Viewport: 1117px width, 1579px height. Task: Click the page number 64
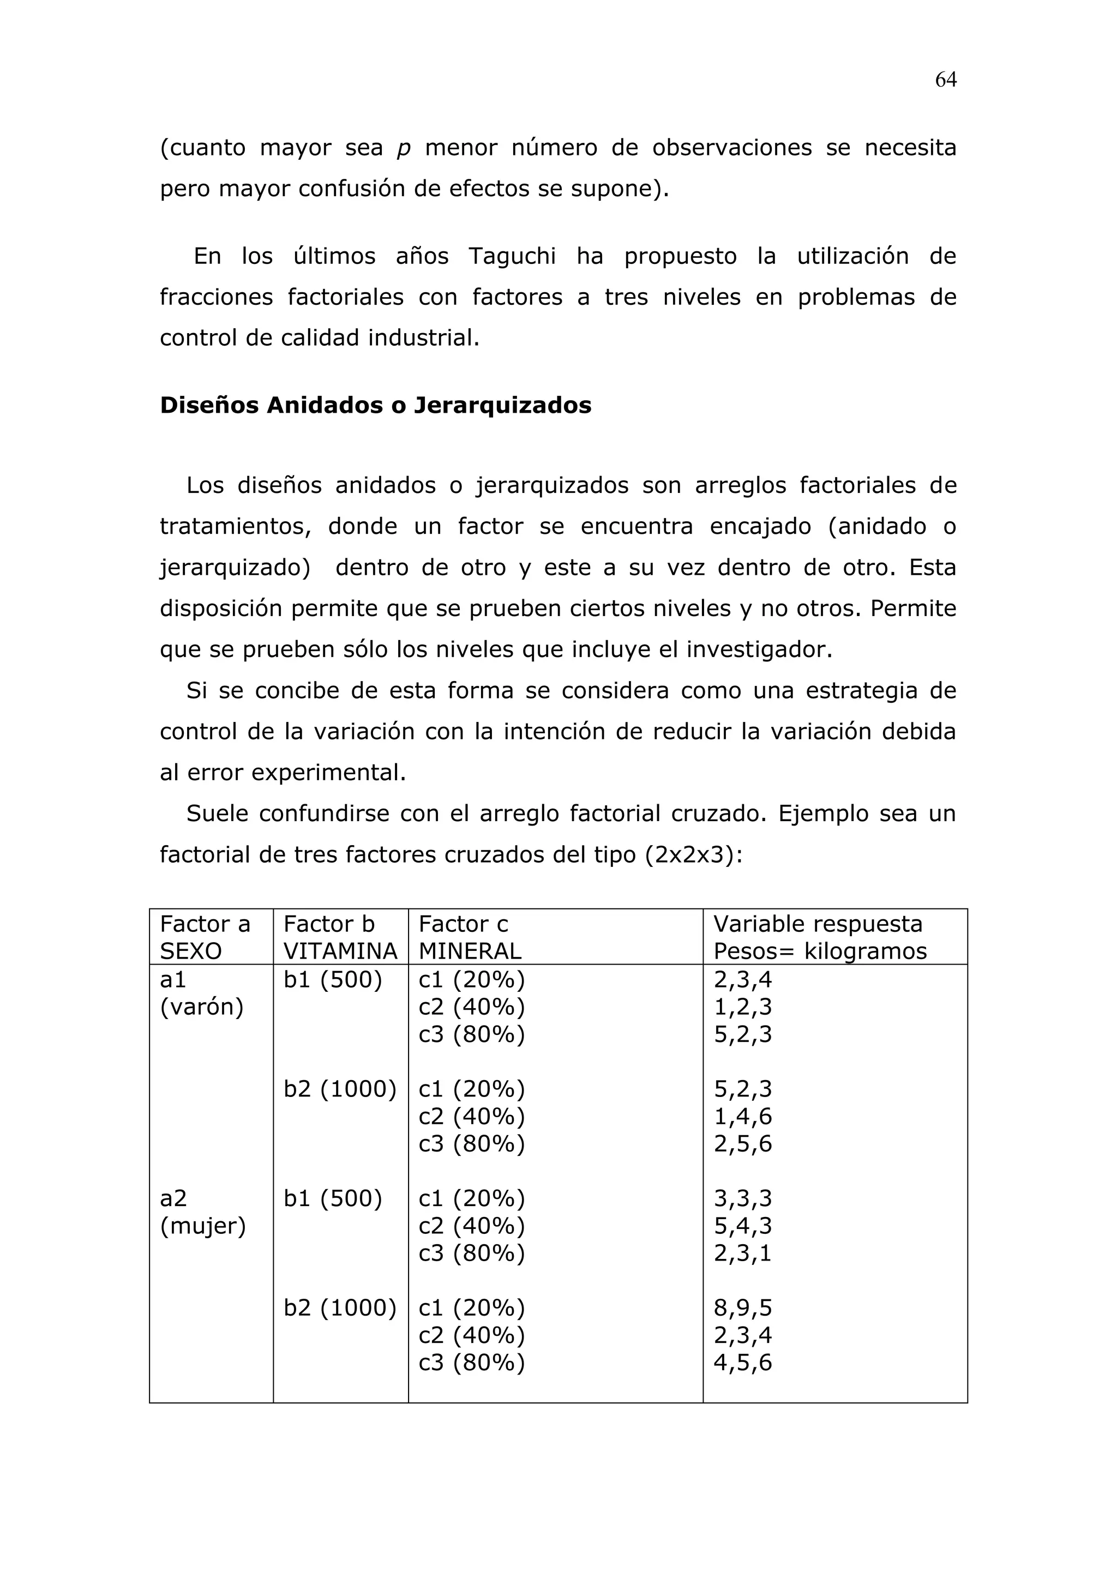coord(945,81)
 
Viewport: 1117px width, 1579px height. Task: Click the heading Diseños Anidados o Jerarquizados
coord(376,405)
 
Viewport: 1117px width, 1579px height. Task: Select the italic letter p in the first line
coord(404,148)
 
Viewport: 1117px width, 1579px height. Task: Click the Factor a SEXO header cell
coord(205,937)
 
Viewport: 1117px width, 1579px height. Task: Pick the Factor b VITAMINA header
coord(340,937)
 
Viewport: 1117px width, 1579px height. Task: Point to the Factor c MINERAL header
coord(470,937)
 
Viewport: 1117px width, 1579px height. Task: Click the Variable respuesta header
coord(819,937)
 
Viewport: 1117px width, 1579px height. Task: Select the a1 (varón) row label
coord(201,993)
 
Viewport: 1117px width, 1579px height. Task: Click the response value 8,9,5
coord(743,1307)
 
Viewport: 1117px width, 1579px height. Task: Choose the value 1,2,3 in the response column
coord(743,1007)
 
